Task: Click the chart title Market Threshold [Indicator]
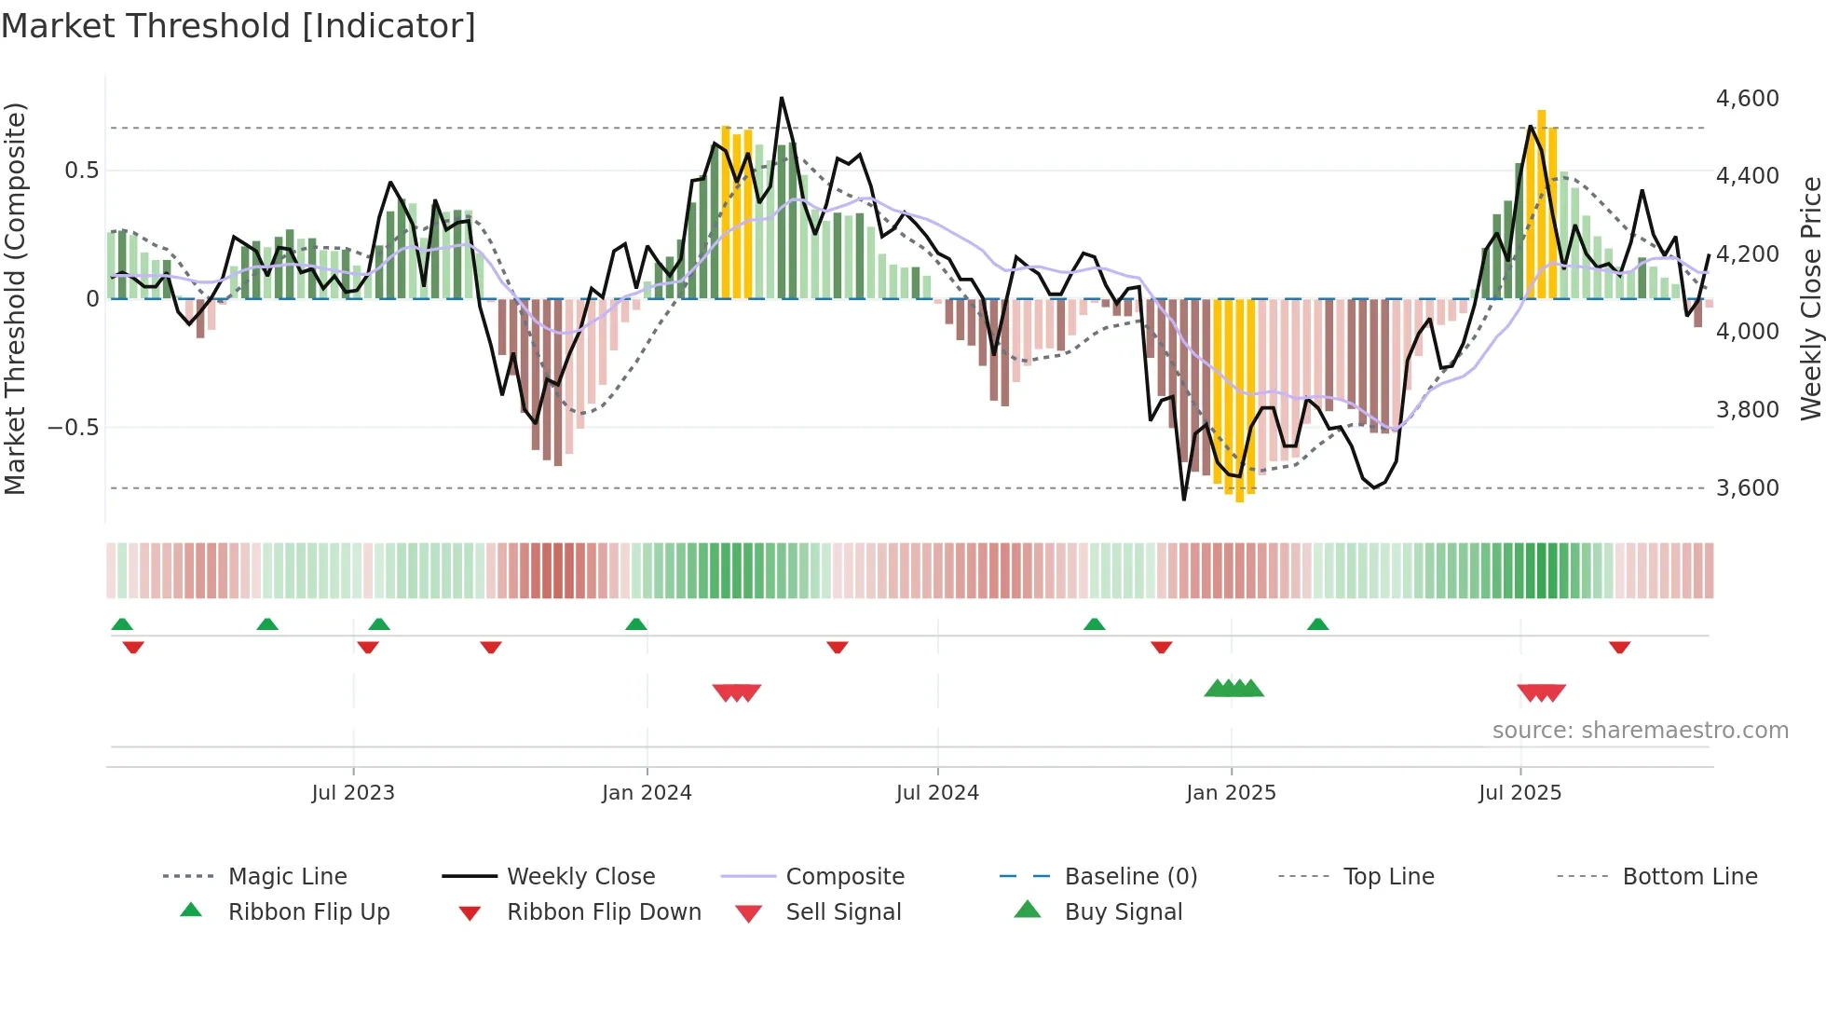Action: click(238, 26)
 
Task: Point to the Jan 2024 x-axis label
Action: click(647, 793)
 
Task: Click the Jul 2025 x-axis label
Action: click(1519, 793)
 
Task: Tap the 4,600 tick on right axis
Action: click(1747, 99)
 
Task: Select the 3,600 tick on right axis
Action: click(1747, 488)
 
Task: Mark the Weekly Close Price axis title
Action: click(1809, 298)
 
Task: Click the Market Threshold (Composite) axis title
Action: click(15, 298)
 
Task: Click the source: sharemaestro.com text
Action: click(1640, 731)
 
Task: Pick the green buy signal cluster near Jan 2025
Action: click(1233, 689)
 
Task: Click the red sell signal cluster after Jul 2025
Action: click(1541, 692)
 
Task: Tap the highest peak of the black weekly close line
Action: click(782, 98)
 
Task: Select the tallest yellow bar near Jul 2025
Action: click(1541, 205)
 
